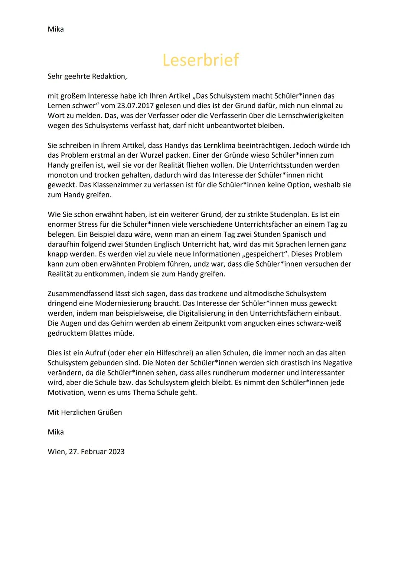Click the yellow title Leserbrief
coord(200,60)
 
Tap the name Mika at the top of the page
coord(56,29)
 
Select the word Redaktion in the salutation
coord(109,76)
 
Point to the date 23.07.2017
coord(134,106)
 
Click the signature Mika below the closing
coord(56,432)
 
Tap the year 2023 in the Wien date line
coord(117,452)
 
